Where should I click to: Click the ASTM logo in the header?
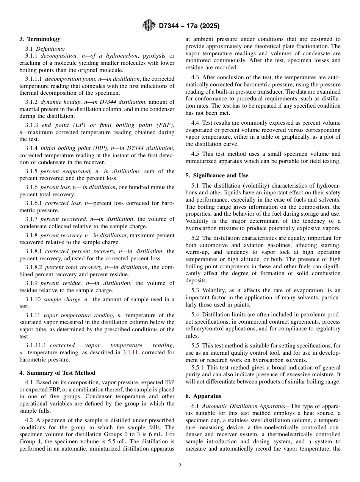149,25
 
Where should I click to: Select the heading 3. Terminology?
40,39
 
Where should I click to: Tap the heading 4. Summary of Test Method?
57,373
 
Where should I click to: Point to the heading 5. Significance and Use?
217,175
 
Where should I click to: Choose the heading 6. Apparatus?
203,396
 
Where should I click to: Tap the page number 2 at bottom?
180,466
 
